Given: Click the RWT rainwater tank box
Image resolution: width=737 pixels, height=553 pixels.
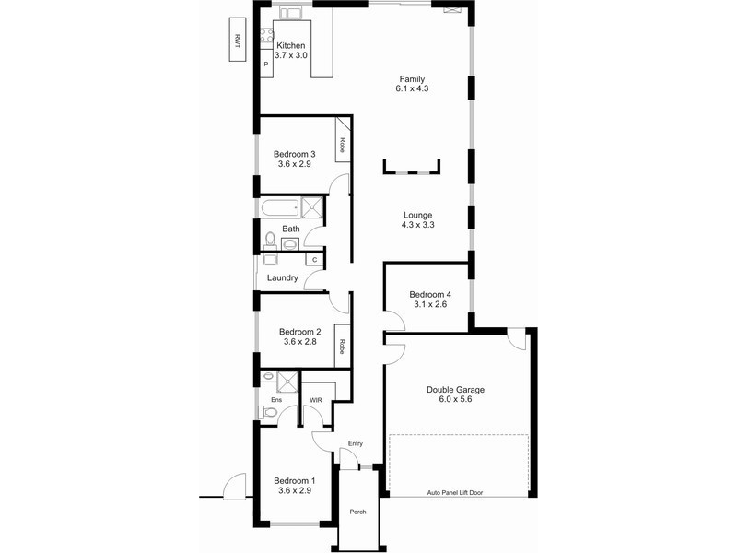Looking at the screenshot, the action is [238, 40].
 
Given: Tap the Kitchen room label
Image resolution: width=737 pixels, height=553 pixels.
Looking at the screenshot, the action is [290, 45].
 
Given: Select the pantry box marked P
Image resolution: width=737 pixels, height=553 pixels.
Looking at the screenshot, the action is [266, 64].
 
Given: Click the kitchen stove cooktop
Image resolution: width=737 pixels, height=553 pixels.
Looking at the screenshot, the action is [267, 36].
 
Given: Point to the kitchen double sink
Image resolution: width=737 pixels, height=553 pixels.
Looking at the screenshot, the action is [291, 13].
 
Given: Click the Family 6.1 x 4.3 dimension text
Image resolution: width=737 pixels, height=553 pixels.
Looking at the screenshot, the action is [412, 88].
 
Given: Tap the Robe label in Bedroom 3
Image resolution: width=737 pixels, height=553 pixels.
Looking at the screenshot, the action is [342, 145].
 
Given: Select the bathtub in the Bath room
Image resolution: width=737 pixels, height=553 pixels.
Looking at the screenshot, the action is [281, 207].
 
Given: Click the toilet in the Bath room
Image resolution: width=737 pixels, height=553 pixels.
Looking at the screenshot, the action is [270, 240].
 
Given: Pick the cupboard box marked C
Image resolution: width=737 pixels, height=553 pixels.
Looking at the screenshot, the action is [314, 260].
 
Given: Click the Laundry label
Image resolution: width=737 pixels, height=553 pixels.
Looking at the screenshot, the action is [283, 278].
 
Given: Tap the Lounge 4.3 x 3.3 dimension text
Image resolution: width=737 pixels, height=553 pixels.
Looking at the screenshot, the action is [418, 225].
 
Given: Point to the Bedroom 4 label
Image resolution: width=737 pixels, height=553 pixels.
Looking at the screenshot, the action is [430, 294].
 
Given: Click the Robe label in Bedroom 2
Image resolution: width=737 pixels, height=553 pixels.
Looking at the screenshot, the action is [342, 347].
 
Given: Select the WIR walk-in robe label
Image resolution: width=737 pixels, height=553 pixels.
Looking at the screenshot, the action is [316, 400].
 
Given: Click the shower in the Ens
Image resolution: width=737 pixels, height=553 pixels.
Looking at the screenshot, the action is [287, 382].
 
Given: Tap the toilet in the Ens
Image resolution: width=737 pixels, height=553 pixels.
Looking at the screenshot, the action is [268, 412].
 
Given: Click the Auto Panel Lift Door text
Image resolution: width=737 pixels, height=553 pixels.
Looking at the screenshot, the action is [455, 493].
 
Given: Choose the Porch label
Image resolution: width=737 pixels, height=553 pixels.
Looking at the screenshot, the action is [357, 512].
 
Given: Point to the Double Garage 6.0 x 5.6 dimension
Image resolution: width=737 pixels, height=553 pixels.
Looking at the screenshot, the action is [455, 399].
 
